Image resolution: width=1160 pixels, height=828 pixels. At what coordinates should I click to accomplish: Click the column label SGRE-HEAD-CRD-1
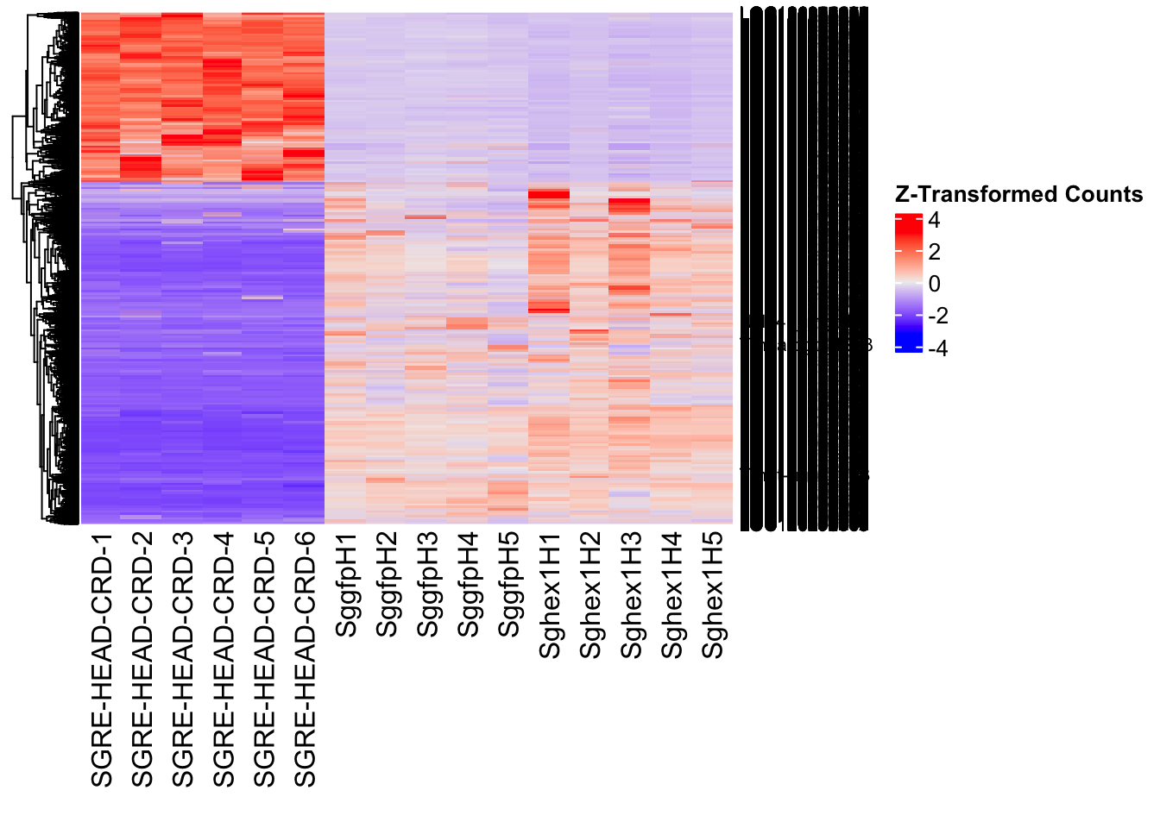pyautogui.click(x=102, y=660)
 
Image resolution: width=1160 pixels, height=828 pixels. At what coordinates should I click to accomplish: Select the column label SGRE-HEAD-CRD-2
pyautogui.click(x=142, y=660)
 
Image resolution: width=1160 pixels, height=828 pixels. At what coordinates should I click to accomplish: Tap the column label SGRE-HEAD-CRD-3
pyautogui.click(x=183, y=660)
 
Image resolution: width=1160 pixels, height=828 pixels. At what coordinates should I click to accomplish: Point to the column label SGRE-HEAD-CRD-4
pyautogui.click(x=224, y=660)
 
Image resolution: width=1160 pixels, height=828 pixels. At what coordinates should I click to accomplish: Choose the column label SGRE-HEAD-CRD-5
pyautogui.click(x=264, y=660)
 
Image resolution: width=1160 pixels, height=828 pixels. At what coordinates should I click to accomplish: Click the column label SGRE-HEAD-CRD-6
pyautogui.click(x=305, y=660)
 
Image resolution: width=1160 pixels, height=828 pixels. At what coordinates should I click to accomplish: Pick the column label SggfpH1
pyautogui.click(x=346, y=585)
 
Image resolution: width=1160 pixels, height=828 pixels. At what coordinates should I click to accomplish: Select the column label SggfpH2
pyautogui.click(x=387, y=585)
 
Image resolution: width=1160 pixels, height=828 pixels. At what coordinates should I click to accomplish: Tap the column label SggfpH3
pyautogui.click(x=427, y=585)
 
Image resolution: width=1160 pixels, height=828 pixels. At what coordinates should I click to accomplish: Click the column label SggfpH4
pyautogui.click(x=468, y=585)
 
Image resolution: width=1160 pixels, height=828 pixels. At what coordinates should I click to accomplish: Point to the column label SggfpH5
pyautogui.click(x=508, y=585)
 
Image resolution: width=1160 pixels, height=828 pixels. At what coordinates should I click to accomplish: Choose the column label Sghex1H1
pyautogui.click(x=550, y=595)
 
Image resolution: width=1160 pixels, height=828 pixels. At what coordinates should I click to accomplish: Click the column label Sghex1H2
pyautogui.click(x=590, y=595)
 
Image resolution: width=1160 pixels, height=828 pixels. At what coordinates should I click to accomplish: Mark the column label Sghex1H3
pyautogui.click(x=631, y=595)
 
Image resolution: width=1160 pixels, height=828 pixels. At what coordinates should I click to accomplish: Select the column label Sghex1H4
pyautogui.click(x=671, y=595)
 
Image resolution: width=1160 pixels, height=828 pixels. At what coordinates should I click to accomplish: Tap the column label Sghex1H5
pyautogui.click(x=712, y=595)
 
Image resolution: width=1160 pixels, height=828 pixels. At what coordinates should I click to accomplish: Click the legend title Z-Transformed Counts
pyautogui.click(x=1018, y=194)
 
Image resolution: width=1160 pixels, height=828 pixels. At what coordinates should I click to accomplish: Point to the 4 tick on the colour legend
pyautogui.click(x=934, y=221)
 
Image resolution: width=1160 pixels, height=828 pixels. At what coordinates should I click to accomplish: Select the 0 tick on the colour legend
pyautogui.click(x=934, y=284)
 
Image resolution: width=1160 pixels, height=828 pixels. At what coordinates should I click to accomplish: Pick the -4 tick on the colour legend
pyautogui.click(x=937, y=348)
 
